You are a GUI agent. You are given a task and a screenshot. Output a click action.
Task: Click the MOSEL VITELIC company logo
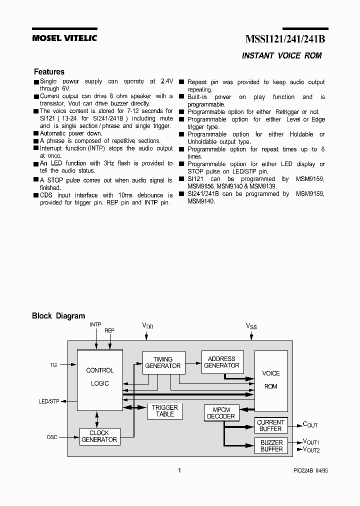(64, 38)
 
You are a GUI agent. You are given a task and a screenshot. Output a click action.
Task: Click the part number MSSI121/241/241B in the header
(285, 39)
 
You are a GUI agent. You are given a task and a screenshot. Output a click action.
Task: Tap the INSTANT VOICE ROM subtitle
(281, 56)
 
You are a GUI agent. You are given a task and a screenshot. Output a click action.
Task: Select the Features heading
(49, 72)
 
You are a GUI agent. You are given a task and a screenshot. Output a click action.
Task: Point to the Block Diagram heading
(58, 316)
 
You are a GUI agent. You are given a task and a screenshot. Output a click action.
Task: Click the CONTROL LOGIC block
(100, 377)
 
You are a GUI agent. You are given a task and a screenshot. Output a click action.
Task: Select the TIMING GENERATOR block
(162, 362)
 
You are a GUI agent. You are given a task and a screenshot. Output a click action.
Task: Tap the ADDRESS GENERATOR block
(221, 362)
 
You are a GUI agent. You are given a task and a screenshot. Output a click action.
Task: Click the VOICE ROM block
(271, 380)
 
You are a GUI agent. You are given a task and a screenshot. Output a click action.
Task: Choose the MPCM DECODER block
(220, 412)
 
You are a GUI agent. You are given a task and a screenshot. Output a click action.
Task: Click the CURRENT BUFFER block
(270, 425)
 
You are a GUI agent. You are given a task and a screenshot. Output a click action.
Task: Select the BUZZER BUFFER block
(271, 445)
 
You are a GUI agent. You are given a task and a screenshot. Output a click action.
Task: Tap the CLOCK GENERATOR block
(99, 436)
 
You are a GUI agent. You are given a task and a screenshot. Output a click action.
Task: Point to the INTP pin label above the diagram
(95, 324)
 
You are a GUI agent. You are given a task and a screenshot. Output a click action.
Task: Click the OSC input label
(52, 437)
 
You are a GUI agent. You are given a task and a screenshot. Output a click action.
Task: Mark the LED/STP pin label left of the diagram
(49, 401)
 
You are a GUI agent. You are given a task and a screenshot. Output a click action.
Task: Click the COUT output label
(310, 425)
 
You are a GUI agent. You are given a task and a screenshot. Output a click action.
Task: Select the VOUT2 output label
(311, 449)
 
